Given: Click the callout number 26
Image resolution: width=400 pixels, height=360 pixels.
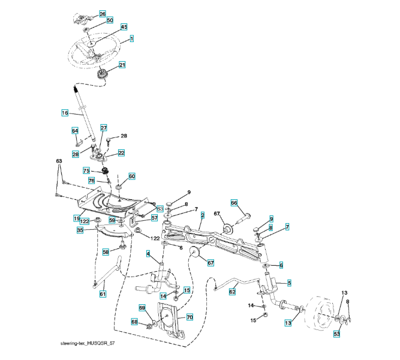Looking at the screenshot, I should click(102, 13).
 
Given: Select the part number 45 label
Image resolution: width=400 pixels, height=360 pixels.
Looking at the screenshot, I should click(124, 27).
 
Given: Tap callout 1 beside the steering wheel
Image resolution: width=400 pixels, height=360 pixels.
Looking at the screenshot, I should click(131, 39).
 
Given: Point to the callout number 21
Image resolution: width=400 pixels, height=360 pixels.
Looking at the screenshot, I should click(122, 65).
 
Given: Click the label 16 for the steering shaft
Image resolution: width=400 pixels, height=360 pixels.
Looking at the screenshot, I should click(65, 112).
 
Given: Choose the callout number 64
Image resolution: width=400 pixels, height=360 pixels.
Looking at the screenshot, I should click(75, 130).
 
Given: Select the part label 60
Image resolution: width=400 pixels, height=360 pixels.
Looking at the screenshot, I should click(131, 176).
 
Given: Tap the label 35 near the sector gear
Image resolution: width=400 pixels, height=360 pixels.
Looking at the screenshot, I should click(80, 229).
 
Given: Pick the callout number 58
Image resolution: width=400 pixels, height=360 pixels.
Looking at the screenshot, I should click(106, 253).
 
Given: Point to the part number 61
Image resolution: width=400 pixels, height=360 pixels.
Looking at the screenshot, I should click(103, 293).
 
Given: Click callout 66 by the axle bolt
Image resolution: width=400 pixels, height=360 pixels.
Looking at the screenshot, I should click(234, 203).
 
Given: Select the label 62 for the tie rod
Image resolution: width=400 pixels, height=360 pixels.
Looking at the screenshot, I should click(232, 292).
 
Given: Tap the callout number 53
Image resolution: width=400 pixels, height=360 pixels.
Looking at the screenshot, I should click(337, 333).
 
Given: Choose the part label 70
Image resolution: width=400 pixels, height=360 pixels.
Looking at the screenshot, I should click(189, 316).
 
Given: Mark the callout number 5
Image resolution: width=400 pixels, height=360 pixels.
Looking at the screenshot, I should click(289, 283).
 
